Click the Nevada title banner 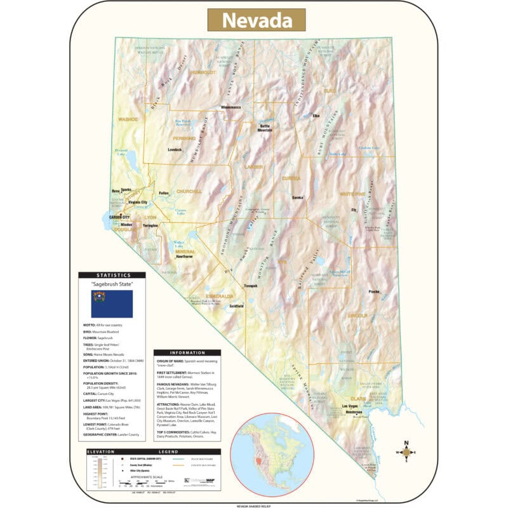click(256, 20)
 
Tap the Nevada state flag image click(112, 304)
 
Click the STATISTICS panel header click(112, 275)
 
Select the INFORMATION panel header click(187, 352)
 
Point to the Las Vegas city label click(351, 406)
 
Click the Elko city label click(316, 116)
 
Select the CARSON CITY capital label click(119, 217)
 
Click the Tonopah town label click(251, 286)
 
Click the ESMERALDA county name click(220, 296)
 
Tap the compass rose click(407, 452)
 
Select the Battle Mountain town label click(265, 127)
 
